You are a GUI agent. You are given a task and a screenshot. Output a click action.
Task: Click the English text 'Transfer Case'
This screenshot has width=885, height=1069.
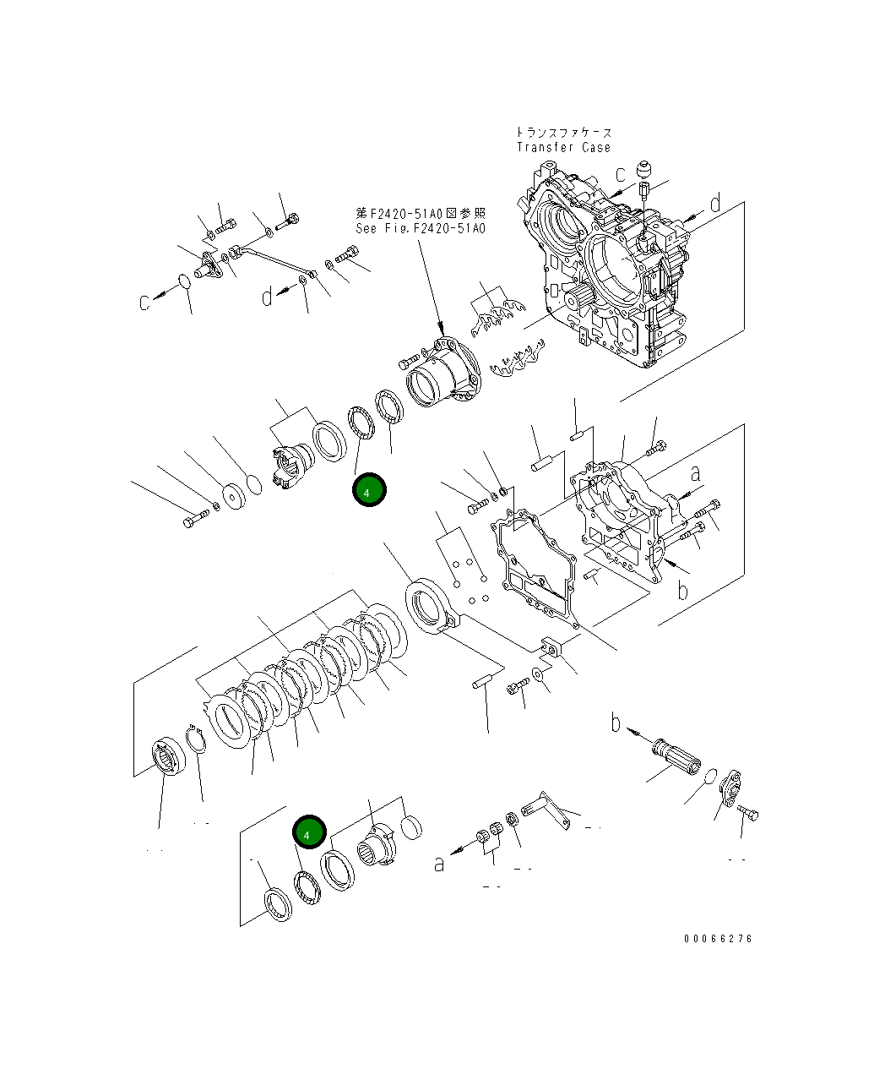coord(563,147)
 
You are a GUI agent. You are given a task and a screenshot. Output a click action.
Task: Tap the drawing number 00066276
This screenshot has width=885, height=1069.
coord(718,938)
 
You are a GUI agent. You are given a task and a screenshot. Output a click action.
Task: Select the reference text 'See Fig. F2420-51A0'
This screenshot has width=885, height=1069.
coord(421,228)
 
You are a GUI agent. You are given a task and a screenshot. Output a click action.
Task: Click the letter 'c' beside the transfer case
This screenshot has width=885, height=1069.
coord(621,175)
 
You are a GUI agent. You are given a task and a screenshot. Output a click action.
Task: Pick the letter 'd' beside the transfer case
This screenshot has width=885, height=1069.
coord(714,204)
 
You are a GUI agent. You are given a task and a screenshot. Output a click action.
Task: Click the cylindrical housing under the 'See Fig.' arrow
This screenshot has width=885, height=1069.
coord(439,376)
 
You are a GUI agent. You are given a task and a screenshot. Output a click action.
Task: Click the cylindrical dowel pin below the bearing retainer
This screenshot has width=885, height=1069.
coord(482,682)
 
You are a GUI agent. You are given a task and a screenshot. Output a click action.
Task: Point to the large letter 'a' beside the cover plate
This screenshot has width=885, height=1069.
coord(697,472)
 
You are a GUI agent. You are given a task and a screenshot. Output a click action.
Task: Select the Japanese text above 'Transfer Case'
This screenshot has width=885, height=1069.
coord(563,133)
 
